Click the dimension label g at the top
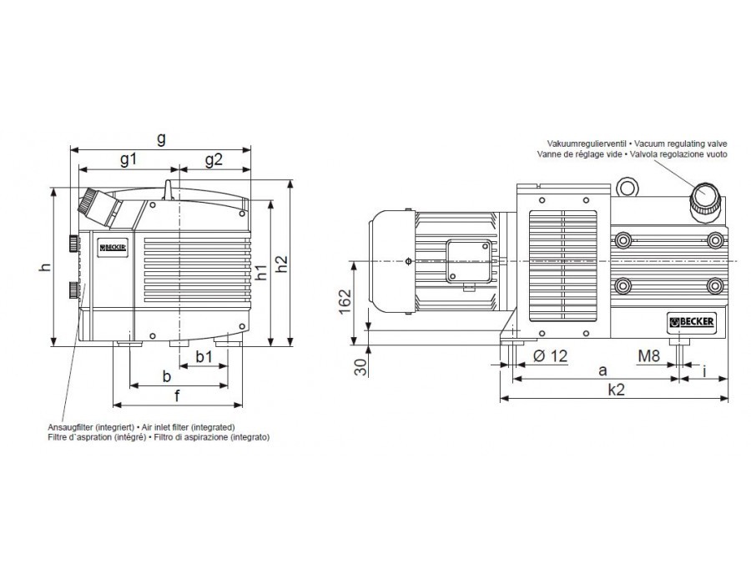tap(161, 138)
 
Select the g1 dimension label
tap(129, 159)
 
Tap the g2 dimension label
tap(214, 159)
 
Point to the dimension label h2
tap(283, 264)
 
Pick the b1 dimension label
tap(204, 356)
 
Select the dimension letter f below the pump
tap(177, 396)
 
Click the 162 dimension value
tap(345, 301)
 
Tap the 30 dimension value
tap(361, 367)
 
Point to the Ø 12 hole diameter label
tap(550, 355)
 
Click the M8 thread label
tap(649, 355)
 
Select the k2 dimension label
tap(616, 390)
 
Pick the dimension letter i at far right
tap(704, 371)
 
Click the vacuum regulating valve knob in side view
tap(704, 200)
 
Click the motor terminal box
tap(470, 261)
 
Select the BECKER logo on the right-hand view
tap(692, 322)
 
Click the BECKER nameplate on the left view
tap(113, 248)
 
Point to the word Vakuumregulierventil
tap(587, 143)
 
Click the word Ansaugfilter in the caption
tap(70, 427)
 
